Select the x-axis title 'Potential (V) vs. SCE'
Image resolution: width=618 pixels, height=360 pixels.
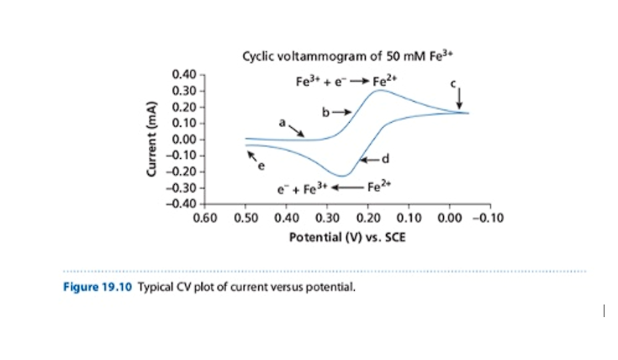pyautogui.click(x=346, y=237)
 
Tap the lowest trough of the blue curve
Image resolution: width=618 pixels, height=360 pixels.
pyautogui.click(x=344, y=176)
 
